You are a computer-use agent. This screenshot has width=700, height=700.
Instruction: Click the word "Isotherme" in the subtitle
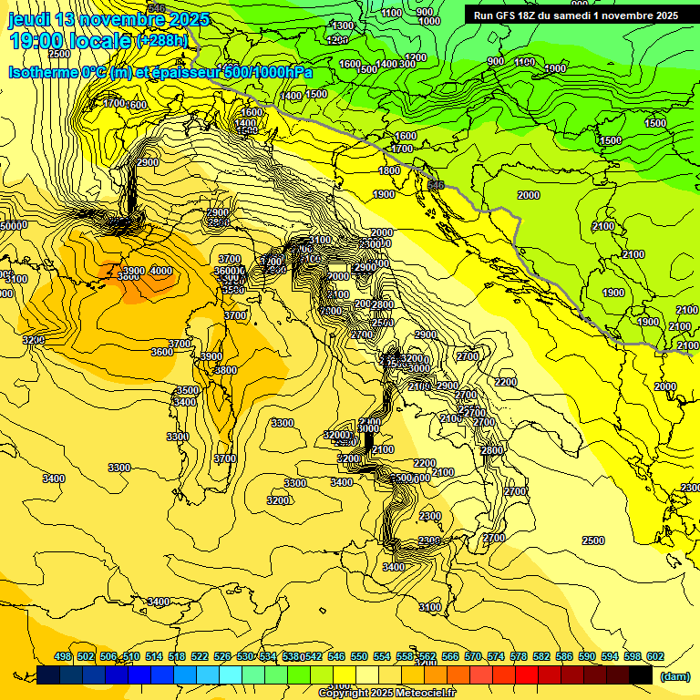click(x=43, y=72)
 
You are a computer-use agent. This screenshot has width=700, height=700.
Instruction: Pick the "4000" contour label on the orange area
click(x=160, y=271)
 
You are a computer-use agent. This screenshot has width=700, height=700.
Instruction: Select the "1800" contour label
click(x=389, y=170)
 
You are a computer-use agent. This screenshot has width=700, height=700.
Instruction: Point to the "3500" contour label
click(x=186, y=390)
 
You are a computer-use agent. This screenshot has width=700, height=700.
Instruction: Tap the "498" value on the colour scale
click(x=63, y=657)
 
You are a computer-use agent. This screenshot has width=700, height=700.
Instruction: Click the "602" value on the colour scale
click(x=655, y=657)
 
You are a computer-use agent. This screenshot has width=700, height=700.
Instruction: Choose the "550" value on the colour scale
click(x=359, y=657)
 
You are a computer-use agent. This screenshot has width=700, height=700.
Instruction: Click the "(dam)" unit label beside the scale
click(x=675, y=676)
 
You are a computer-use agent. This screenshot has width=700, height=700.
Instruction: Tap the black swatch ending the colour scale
click(x=641, y=674)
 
